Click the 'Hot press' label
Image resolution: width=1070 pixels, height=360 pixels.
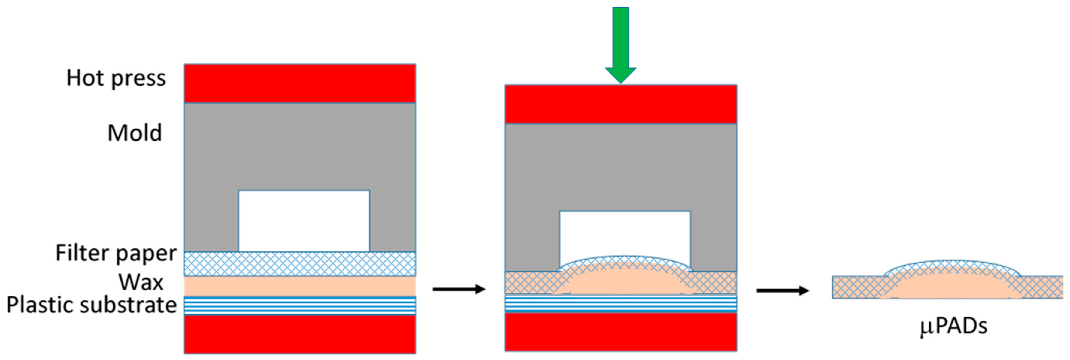[x=116, y=78]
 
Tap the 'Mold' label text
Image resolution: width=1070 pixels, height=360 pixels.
[x=135, y=133]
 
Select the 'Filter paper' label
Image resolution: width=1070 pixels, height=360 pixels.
[x=116, y=253]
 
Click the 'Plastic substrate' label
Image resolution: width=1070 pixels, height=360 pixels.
[x=91, y=305]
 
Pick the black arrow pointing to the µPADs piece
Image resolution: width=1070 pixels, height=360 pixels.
[x=783, y=291]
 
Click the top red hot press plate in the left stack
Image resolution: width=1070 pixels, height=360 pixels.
[x=300, y=83]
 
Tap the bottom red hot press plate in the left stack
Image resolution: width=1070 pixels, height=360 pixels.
[x=300, y=335]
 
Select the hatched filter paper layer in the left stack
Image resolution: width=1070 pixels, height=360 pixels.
[x=300, y=264]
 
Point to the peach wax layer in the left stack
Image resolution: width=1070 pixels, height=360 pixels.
[x=300, y=286]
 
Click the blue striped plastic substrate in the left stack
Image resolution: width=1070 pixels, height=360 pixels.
[x=300, y=306]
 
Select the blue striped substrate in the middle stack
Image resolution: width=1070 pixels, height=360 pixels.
[x=621, y=303]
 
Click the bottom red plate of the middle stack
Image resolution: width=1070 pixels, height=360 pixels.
[x=621, y=332]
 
